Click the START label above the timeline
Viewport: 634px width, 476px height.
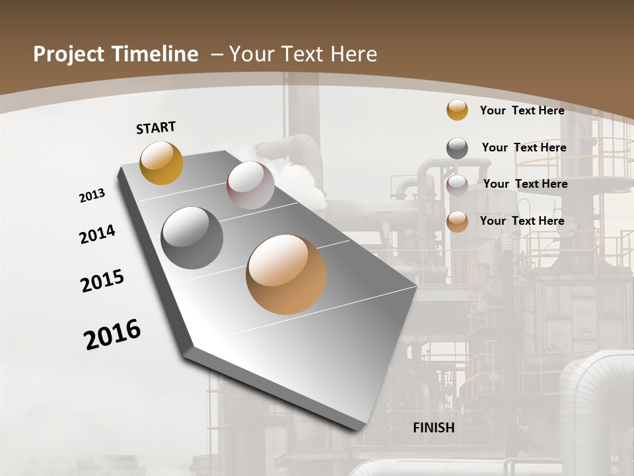(156, 128)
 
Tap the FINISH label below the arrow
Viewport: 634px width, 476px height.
(434, 428)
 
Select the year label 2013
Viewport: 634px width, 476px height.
(92, 196)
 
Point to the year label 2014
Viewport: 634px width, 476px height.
(97, 235)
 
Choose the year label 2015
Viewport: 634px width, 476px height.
(102, 280)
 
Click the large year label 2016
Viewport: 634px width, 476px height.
(112, 335)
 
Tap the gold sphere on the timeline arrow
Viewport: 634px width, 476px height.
(161, 163)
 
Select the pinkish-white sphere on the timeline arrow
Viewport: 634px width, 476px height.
(250, 185)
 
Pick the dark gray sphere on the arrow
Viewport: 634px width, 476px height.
(192, 238)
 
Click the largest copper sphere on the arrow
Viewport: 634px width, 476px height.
(286, 274)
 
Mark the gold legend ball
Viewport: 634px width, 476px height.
(457, 110)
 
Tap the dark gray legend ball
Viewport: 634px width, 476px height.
(457, 148)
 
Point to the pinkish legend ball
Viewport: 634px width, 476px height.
(457, 185)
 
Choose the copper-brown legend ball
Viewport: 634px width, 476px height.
(457, 221)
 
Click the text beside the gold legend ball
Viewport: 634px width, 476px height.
(522, 110)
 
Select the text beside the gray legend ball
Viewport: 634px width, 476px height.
(524, 147)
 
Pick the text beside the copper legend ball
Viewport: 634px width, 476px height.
(522, 221)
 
